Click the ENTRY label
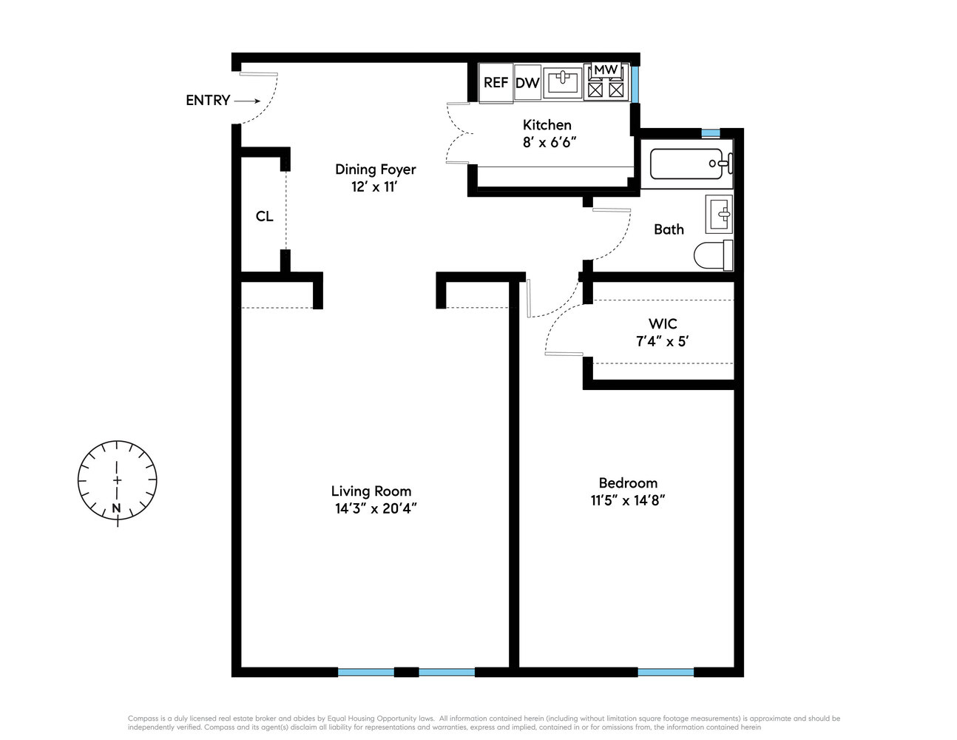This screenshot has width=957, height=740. [208, 101]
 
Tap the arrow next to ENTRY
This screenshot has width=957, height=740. [247, 101]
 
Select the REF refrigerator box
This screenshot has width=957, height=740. [496, 83]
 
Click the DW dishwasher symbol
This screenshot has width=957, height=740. [527, 83]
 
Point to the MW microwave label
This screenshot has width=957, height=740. [606, 70]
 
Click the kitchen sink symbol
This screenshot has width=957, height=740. [562, 82]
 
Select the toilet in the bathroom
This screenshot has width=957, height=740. [714, 255]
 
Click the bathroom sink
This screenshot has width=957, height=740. [719, 214]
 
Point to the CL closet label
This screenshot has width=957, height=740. [264, 216]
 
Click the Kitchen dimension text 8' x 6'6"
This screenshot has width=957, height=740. [549, 143]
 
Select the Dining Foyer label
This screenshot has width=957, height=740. [376, 169]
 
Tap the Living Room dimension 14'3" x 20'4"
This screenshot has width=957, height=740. [376, 509]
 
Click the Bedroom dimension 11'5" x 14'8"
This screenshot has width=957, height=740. [628, 501]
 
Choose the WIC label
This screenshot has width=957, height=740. [663, 324]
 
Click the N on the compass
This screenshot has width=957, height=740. [116, 508]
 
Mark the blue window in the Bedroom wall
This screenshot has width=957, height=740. [666, 673]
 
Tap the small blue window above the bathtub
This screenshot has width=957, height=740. [711, 133]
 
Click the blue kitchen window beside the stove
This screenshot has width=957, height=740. [635, 84]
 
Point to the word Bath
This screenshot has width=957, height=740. [669, 229]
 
